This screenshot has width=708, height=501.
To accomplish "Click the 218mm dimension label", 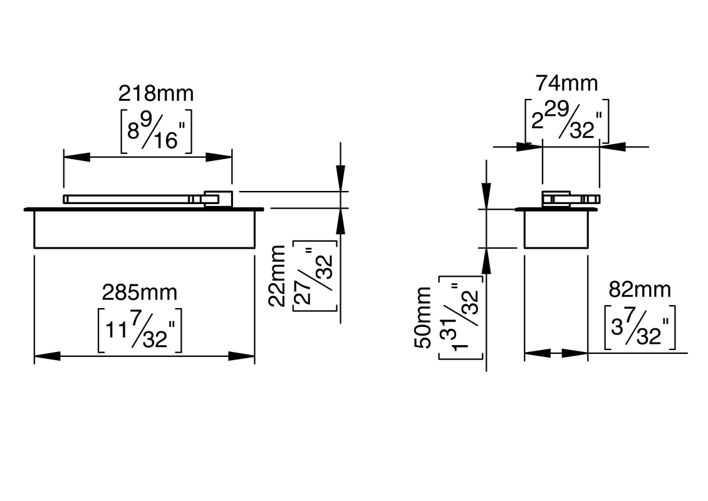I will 156,93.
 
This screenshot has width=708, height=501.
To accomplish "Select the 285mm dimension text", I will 140,292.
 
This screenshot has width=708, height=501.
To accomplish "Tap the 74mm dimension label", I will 566,83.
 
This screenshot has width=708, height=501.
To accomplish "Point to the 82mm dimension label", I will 639,289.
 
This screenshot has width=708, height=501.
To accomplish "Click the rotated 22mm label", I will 277,276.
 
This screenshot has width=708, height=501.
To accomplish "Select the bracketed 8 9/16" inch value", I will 155,130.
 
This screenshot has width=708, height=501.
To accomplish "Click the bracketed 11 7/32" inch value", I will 140,330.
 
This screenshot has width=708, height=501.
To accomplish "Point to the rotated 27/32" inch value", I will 315,276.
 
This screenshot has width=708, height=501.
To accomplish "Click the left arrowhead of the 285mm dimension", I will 46,356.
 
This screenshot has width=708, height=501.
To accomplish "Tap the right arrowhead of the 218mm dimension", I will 219,157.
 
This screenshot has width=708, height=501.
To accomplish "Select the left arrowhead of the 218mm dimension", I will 76,157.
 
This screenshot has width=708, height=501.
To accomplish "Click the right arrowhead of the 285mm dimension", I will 242,356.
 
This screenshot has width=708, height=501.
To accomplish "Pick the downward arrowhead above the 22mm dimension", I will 340,177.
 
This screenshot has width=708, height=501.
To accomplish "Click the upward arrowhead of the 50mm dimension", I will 486,261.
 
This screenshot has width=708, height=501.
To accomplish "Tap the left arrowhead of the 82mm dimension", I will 536,354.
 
